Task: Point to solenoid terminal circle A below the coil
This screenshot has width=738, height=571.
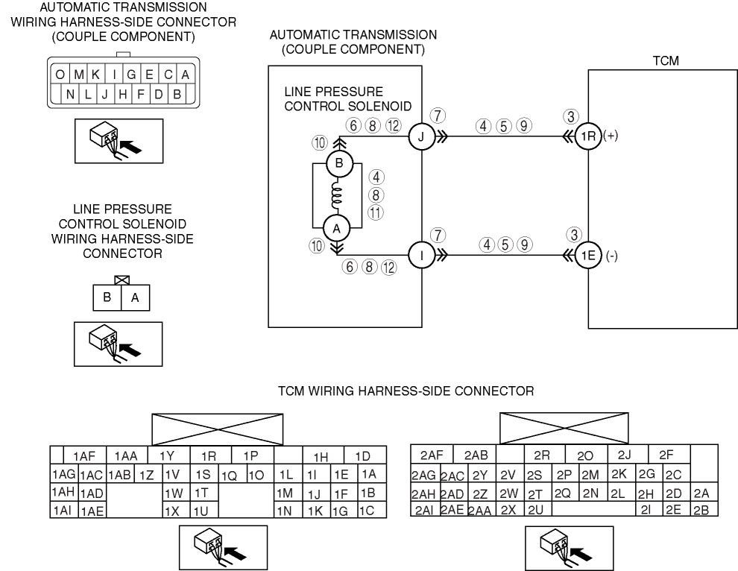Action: [337, 228]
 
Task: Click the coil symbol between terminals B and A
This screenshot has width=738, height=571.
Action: [337, 195]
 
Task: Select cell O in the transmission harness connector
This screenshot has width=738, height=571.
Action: [57, 75]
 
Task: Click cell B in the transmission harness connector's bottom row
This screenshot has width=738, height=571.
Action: [177, 94]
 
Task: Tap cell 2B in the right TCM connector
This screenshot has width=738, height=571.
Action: [701, 510]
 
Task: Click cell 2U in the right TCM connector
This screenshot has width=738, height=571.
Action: [535, 510]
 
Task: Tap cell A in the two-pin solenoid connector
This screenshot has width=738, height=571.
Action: [135, 298]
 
